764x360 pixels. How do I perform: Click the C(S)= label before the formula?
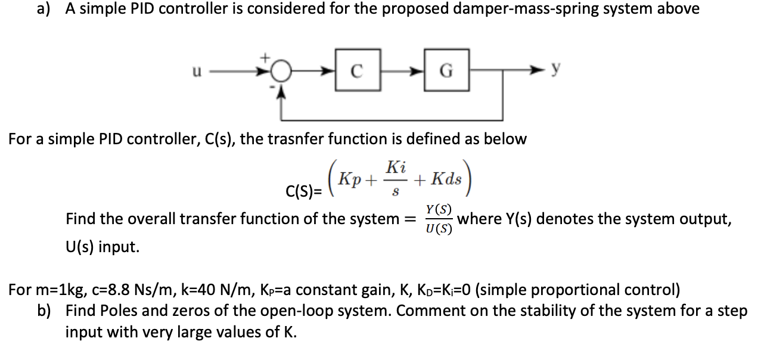pos(305,192)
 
